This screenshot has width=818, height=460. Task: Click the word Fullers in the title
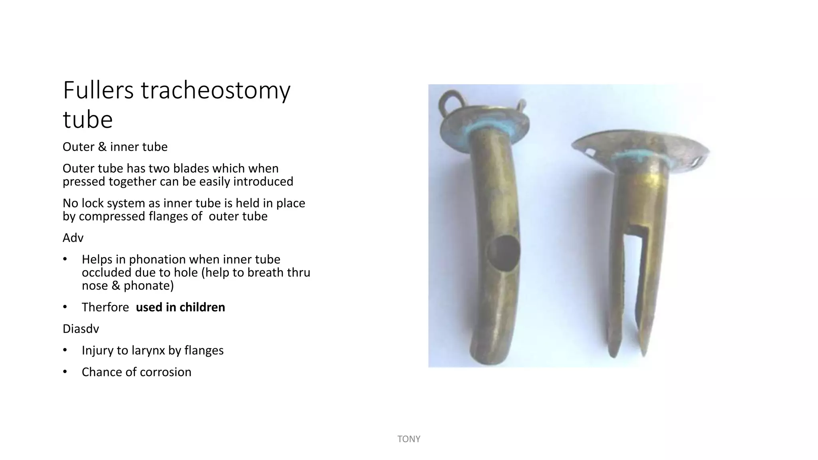click(98, 90)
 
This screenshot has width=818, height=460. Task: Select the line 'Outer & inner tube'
click(115, 147)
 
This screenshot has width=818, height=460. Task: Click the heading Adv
click(73, 238)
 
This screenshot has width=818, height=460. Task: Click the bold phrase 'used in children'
click(180, 307)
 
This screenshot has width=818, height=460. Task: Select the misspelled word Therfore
click(105, 307)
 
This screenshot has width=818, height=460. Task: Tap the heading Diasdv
click(81, 329)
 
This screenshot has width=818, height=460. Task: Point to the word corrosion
click(168, 372)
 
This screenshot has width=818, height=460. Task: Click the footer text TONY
click(409, 439)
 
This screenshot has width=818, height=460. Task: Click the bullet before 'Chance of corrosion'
click(65, 372)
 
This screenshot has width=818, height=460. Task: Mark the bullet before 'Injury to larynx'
click(65, 351)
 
